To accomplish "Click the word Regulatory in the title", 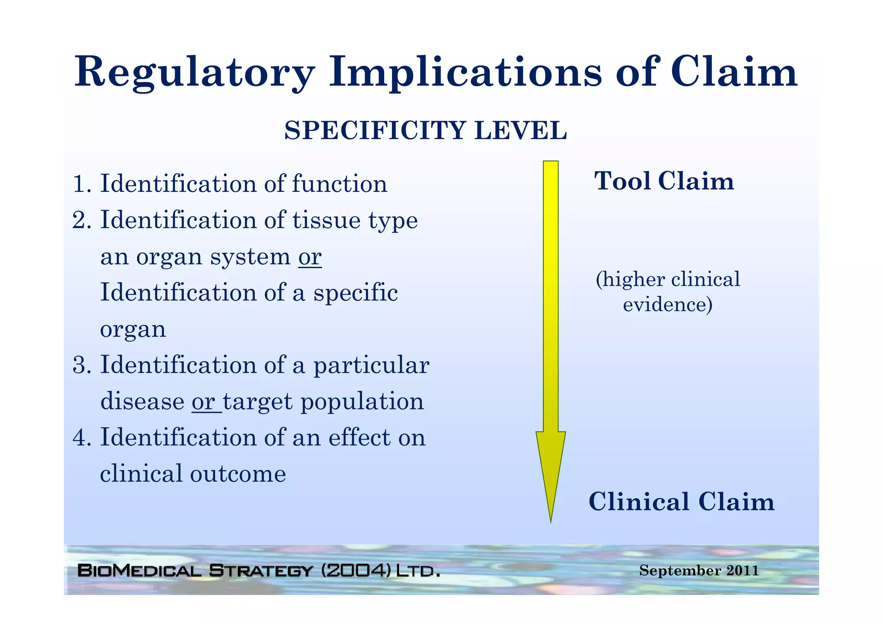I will tap(194, 72).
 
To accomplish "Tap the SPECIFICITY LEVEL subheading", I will tap(425, 131).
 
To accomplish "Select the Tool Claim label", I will tap(664, 181).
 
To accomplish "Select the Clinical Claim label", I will tap(681, 502).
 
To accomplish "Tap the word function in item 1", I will tap(340, 184).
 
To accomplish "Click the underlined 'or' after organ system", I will tap(310, 257).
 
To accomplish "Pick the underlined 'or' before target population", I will tap(204, 402).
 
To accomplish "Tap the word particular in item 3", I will tap(371, 365).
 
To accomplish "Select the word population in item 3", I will tap(362, 402).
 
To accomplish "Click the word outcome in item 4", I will tap(238, 474).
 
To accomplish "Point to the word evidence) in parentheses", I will tap(667, 305).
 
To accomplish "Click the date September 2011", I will tap(699, 571).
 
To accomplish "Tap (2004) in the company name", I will tap(356, 571).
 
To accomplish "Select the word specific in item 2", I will tap(355, 293).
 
